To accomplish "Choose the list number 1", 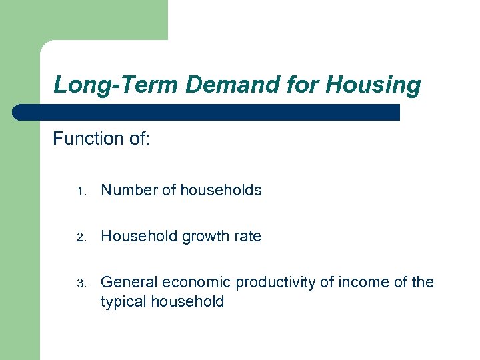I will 80,191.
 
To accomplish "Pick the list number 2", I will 80,237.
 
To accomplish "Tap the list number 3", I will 80,283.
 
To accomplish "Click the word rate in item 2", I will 247,236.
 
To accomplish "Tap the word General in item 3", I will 127,282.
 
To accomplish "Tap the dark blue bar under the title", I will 207,112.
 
